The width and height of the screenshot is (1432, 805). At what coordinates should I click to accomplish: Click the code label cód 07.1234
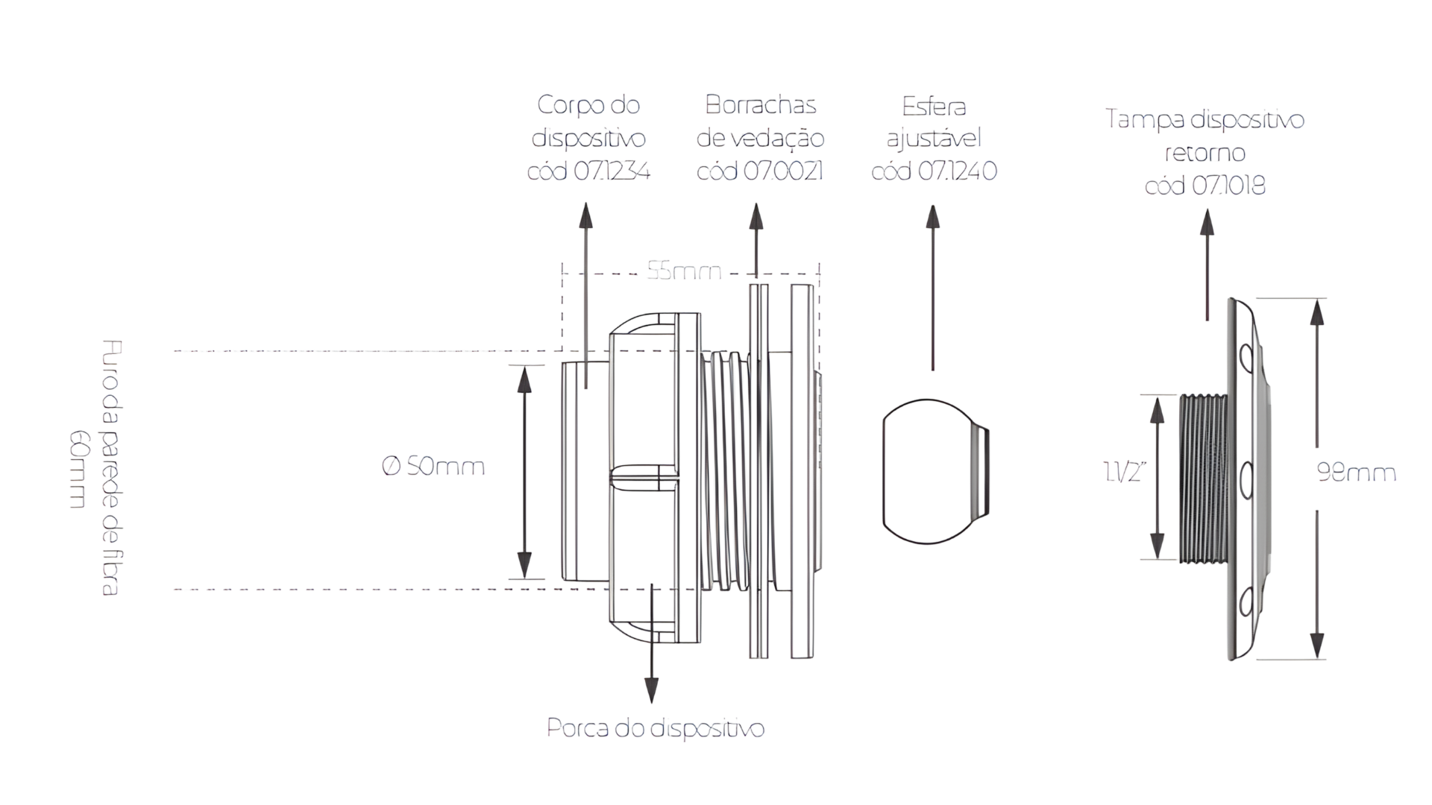[588, 171]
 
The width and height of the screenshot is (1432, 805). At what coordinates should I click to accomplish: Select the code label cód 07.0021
[760, 171]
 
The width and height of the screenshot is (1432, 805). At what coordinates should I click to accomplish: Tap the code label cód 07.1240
[934, 171]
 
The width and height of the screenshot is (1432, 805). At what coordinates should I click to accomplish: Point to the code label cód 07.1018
[1205, 186]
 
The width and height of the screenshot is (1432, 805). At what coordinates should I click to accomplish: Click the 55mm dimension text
[684, 271]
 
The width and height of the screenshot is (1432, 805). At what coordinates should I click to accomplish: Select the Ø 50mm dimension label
[433, 467]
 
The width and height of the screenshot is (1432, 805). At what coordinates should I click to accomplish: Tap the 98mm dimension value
[1356, 473]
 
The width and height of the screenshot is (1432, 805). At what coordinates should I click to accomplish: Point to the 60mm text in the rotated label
[78, 469]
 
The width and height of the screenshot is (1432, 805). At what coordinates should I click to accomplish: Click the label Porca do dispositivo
[656, 728]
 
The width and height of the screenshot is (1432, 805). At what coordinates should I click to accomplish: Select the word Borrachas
[760, 105]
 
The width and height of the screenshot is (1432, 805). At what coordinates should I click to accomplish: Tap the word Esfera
[934, 107]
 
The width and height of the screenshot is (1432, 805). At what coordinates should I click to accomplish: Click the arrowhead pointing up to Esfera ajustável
[932, 217]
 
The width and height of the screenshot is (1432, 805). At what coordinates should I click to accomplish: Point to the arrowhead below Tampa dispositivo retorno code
[1207, 221]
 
